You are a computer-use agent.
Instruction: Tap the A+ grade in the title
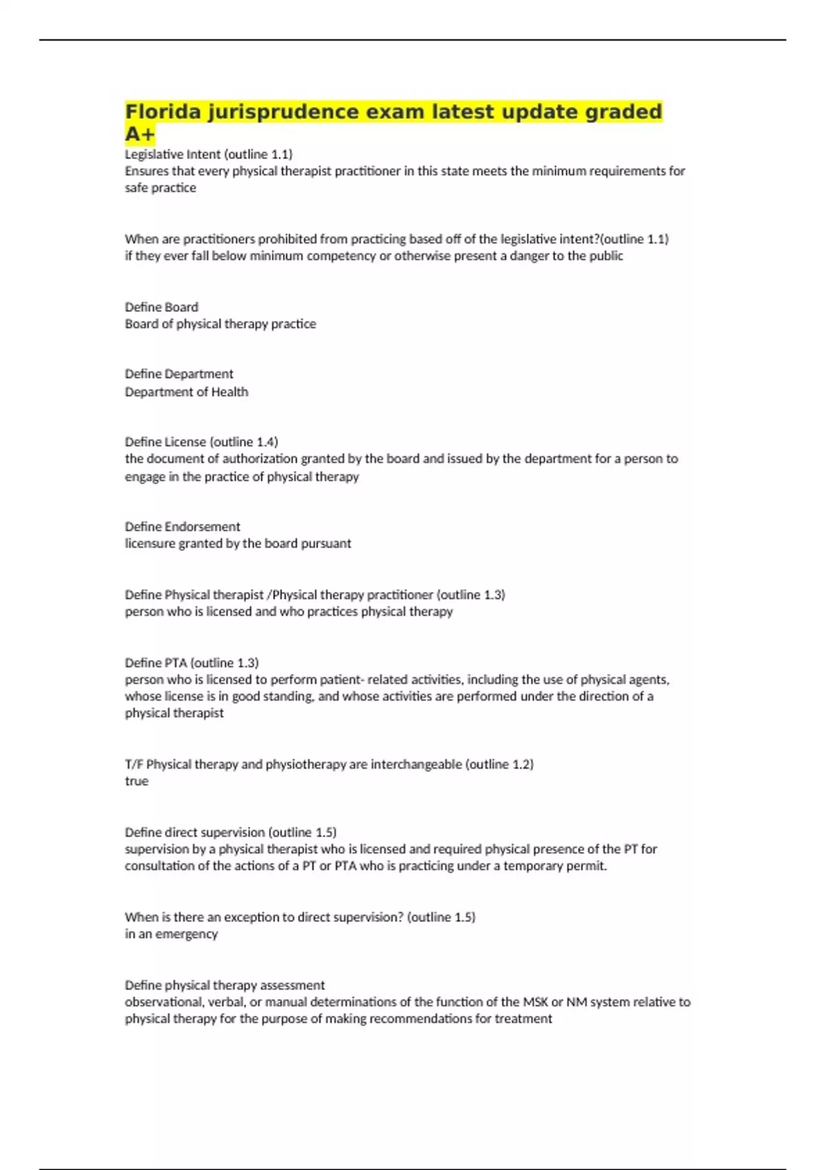coord(140,134)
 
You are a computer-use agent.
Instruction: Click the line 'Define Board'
coord(161,307)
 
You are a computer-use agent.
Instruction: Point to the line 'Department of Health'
coord(186,392)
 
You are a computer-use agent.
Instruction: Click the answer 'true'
coord(136,781)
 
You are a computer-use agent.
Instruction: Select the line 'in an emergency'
coord(171,934)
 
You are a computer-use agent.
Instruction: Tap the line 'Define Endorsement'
coord(182,526)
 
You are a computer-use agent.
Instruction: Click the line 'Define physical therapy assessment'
coord(224,985)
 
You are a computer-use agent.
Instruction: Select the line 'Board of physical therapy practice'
coord(220,323)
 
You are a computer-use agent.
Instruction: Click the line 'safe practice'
coord(160,188)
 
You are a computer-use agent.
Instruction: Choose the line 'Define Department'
coord(179,374)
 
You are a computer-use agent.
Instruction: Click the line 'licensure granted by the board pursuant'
coord(237,543)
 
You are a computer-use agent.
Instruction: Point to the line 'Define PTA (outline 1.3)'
coord(191,663)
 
